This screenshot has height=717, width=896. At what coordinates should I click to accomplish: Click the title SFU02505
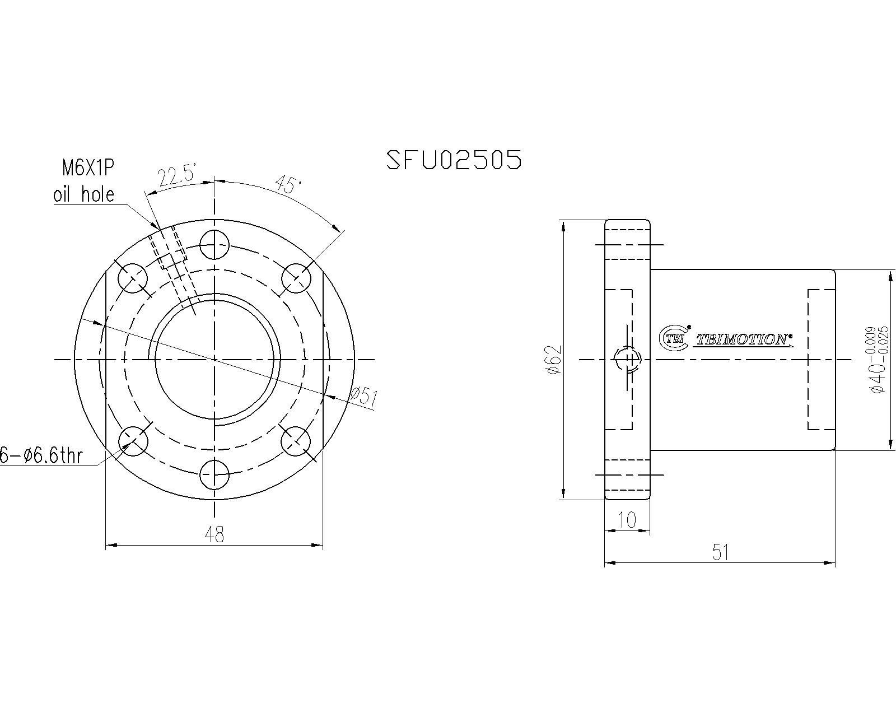[454, 160]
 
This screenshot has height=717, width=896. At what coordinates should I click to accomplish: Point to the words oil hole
[83, 194]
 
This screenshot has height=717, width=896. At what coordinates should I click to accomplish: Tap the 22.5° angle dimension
[177, 176]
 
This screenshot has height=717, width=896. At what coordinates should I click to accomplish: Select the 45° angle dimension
[288, 185]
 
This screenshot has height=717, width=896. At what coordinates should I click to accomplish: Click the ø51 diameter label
[364, 397]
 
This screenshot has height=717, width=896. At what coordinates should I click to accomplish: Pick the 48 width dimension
[214, 534]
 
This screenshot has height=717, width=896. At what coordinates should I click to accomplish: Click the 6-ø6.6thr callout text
[41, 455]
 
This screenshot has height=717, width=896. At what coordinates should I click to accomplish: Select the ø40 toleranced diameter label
[878, 360]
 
